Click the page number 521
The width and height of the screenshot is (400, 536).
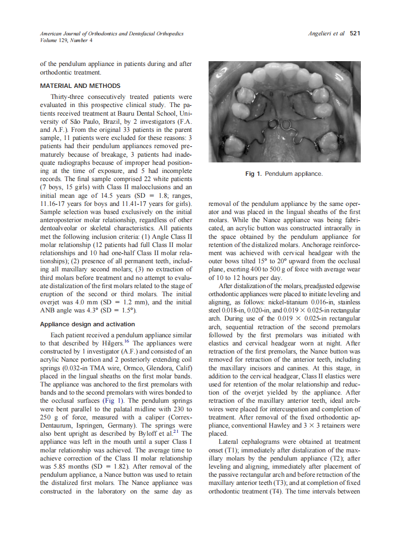[355, 33]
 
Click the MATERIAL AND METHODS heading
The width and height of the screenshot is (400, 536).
[80, 86]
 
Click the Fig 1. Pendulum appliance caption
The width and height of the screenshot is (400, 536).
[284, 173]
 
